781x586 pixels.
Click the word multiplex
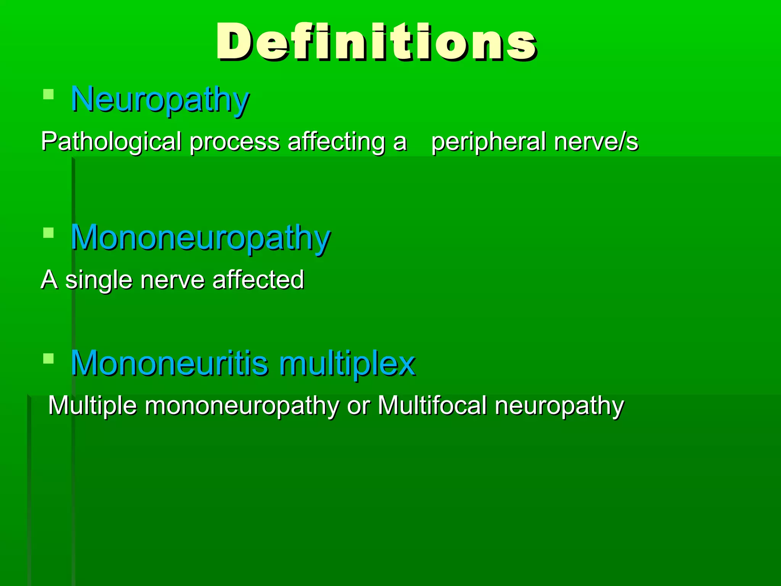(347, 364)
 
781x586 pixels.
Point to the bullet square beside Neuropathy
(48, 94)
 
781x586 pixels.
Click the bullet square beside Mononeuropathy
(48, 232)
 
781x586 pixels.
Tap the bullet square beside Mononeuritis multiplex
(48, 358)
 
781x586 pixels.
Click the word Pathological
(111, 142)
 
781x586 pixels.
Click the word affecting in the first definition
(336, 142)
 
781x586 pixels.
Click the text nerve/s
(596, 142)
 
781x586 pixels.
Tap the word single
(99, 280)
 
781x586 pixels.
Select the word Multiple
(92, 406)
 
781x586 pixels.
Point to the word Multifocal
(432, 405)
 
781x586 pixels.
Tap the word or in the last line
(358, 406)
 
